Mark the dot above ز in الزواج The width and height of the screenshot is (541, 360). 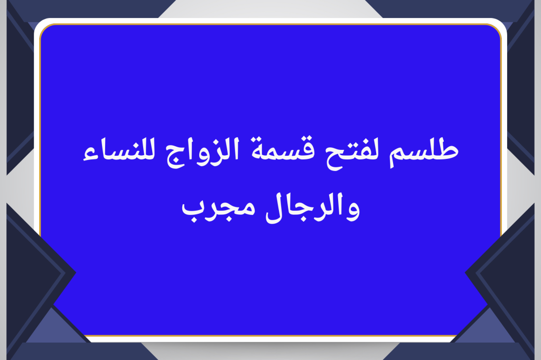[216, 143]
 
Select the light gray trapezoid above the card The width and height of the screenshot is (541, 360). [270, 8]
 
